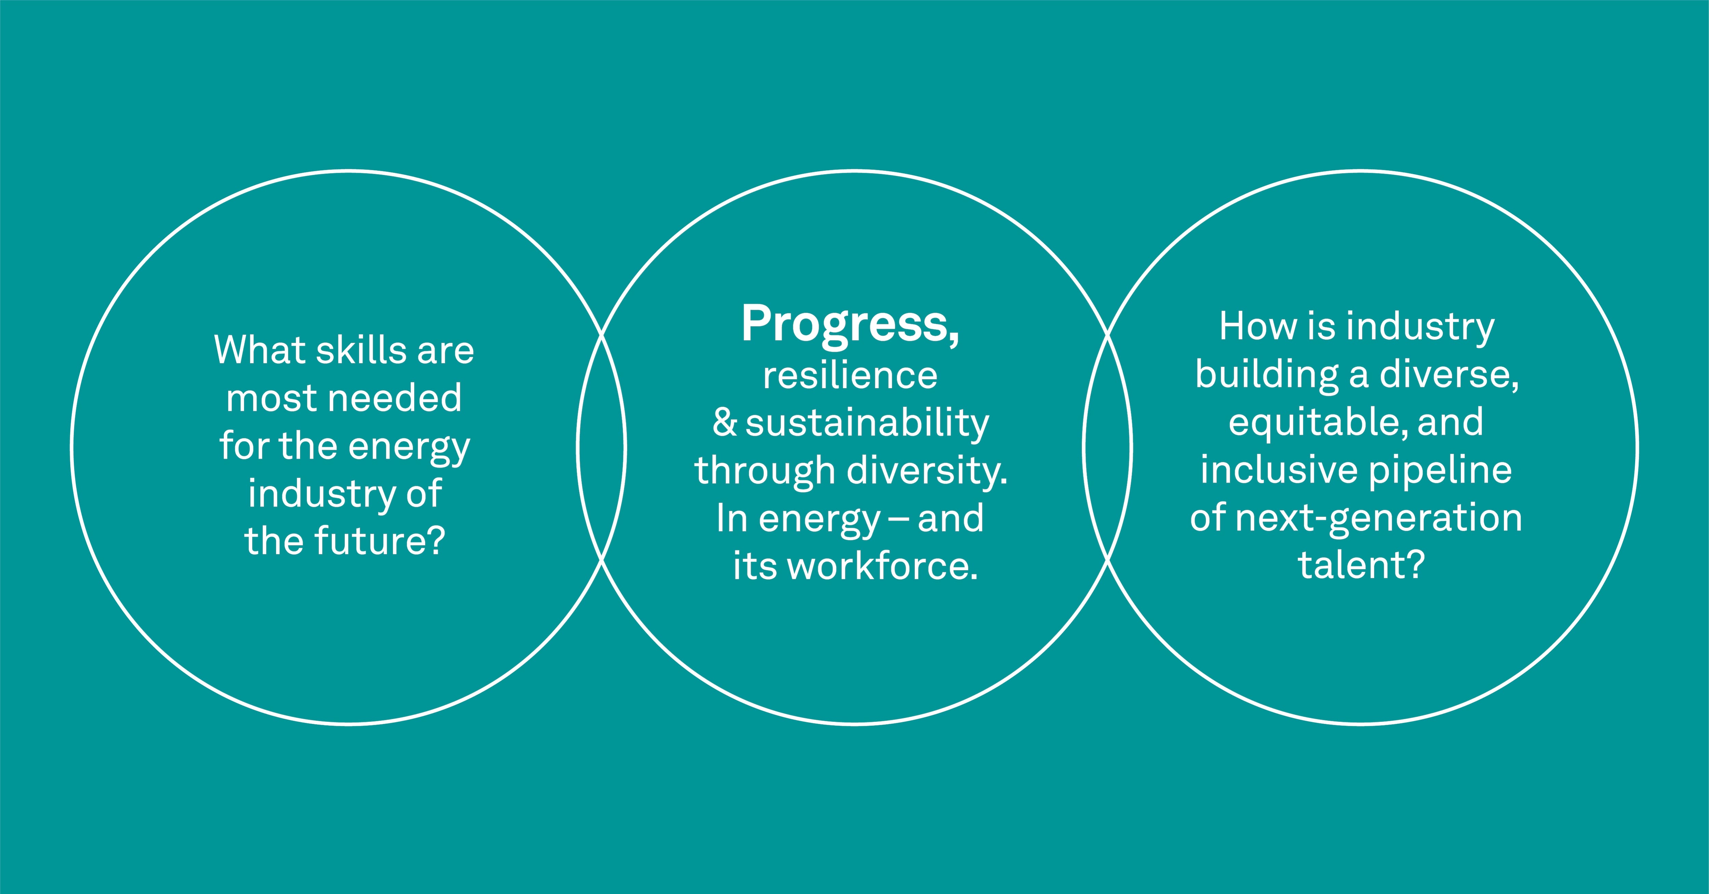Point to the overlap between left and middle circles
pyautogui.click(x=602, y=448)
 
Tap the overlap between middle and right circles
pyautogui.click(x=1108, y=448)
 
